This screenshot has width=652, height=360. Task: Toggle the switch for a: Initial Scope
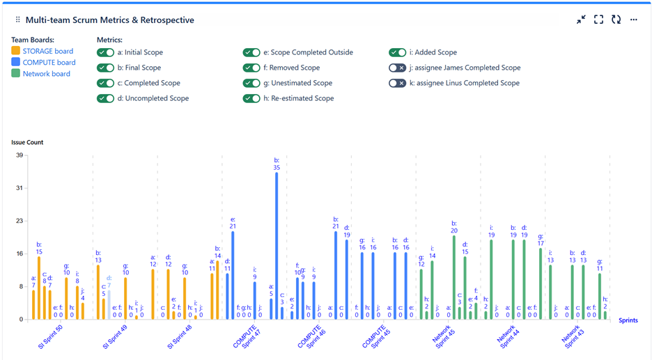point(106,52)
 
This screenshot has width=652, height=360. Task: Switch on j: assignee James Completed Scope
point(397,68)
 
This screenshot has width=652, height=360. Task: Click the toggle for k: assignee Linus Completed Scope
point(397,83)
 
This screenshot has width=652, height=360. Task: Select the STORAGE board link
point(47,51)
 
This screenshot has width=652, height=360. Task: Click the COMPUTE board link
point(49,62)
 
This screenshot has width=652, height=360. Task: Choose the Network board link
point(46,73)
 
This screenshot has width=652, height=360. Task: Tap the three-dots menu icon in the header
point(633,19)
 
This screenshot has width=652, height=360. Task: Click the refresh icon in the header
point(616,19)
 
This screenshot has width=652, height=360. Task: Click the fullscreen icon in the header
point(598,19)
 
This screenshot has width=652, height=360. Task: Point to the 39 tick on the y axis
point(20,155)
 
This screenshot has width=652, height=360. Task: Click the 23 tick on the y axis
point(20,221)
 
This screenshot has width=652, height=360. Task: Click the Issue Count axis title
point(27,142)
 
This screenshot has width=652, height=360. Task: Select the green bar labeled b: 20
point(454,277)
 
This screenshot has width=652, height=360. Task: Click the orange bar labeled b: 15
point(39,288)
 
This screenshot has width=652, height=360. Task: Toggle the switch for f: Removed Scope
point(251,68)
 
